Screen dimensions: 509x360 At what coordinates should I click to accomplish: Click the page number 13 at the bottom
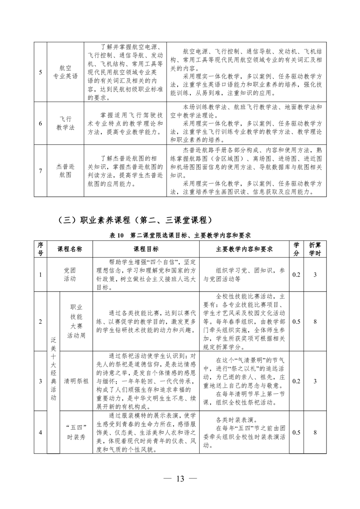tap(180, 480)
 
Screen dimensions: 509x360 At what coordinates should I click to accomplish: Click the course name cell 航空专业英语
tap(65, 72)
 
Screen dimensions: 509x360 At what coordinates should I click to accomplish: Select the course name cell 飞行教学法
tap(65, 123)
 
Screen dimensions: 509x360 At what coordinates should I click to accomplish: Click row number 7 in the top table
tap(40, 171)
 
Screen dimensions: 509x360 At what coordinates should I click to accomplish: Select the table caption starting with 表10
tap(180, 235)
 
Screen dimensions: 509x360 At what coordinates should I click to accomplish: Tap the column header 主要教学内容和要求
tap(243, 249)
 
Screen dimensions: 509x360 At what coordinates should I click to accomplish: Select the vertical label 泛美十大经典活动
tap(53, 372)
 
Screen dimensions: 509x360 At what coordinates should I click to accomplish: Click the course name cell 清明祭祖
tap(76, 381)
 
